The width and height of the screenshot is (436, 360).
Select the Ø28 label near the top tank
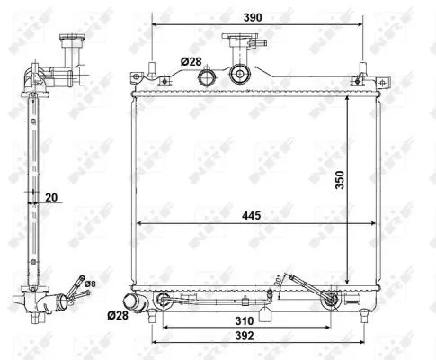pyautogui.click(x=191, y=61)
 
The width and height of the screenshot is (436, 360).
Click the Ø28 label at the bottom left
pyautogui.click(x=117, y=316)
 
